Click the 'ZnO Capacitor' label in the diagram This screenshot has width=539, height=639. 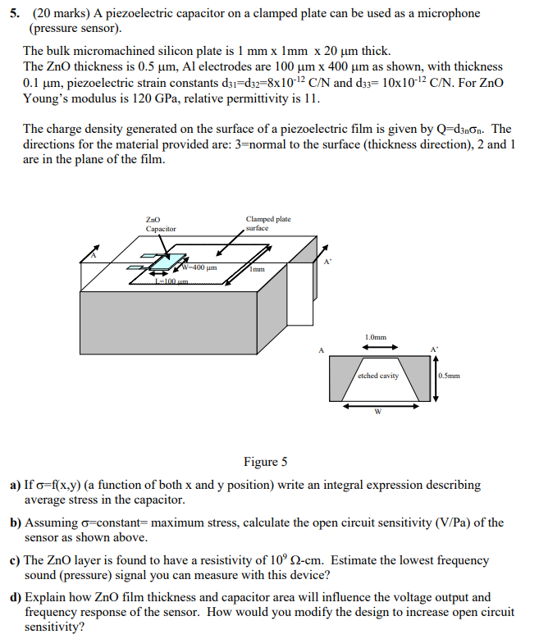point(160,224)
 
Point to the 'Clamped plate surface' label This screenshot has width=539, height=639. point(267,223)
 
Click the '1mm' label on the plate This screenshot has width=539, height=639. point(258,268)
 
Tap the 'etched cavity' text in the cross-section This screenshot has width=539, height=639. point(377,376)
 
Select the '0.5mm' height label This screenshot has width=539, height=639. point(450,377)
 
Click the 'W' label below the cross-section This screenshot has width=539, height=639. point(377,412)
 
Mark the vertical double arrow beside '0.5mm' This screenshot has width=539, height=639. point(434,376)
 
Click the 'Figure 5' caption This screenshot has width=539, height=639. point(265,462)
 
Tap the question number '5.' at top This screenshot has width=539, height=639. point(15,14)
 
